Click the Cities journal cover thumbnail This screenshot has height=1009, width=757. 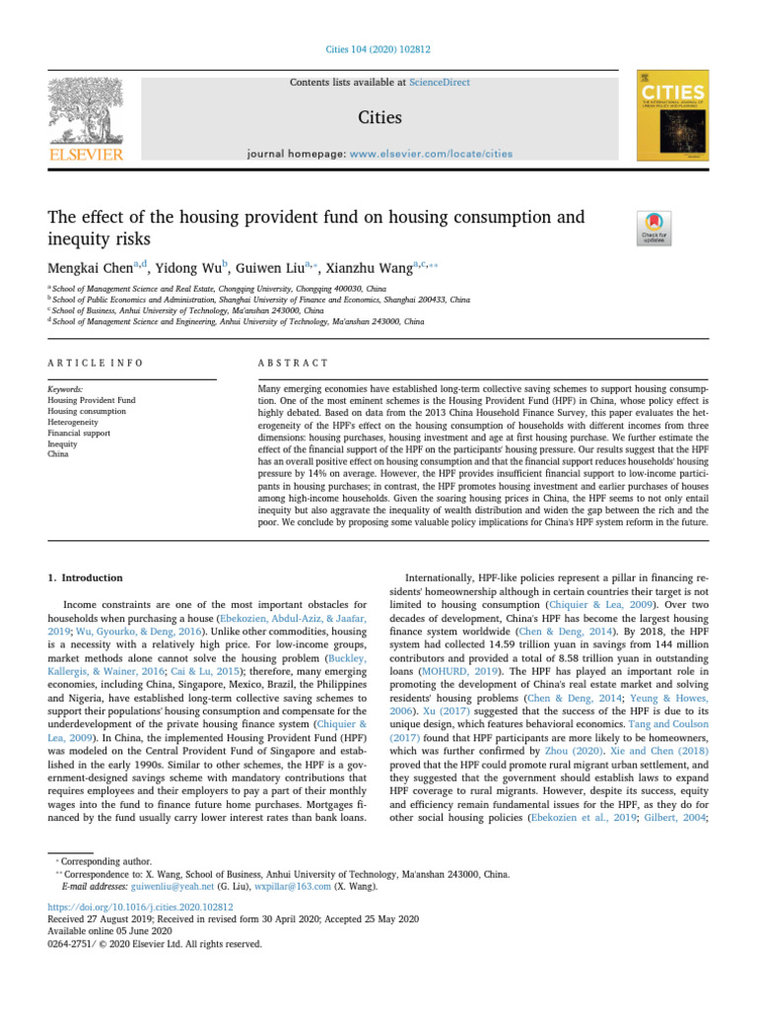(674, 114)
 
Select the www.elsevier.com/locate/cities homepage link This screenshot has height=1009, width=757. (433, 154)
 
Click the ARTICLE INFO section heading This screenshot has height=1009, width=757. (96, 363)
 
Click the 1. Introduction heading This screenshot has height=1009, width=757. (86, 577)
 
